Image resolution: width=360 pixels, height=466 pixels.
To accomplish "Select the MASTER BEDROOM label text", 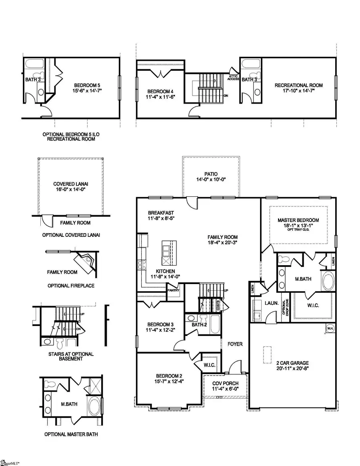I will click(298, 220).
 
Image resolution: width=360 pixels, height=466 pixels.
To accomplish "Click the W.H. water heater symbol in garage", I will click(330, 329).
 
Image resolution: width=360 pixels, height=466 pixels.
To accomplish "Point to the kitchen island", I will click(169, 253).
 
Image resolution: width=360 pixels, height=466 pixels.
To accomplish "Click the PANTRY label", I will click(173, 290).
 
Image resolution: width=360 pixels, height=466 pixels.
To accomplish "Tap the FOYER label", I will click(235, 344).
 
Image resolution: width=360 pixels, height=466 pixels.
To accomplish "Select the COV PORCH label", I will click(225, 383).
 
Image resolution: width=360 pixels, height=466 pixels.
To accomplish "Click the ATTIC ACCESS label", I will click(234, 77).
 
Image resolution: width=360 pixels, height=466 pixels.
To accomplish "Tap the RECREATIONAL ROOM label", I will click(298, 85).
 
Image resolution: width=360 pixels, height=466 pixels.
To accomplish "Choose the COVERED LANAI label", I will click(70, 184).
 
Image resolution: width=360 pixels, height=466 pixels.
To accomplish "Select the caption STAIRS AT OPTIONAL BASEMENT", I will click(70, 356).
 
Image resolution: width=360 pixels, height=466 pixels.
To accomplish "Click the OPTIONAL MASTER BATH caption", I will click(70, 434).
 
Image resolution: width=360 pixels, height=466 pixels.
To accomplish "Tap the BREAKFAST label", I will click(161, 213).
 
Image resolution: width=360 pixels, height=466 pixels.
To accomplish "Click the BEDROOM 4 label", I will click(159, 91).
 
